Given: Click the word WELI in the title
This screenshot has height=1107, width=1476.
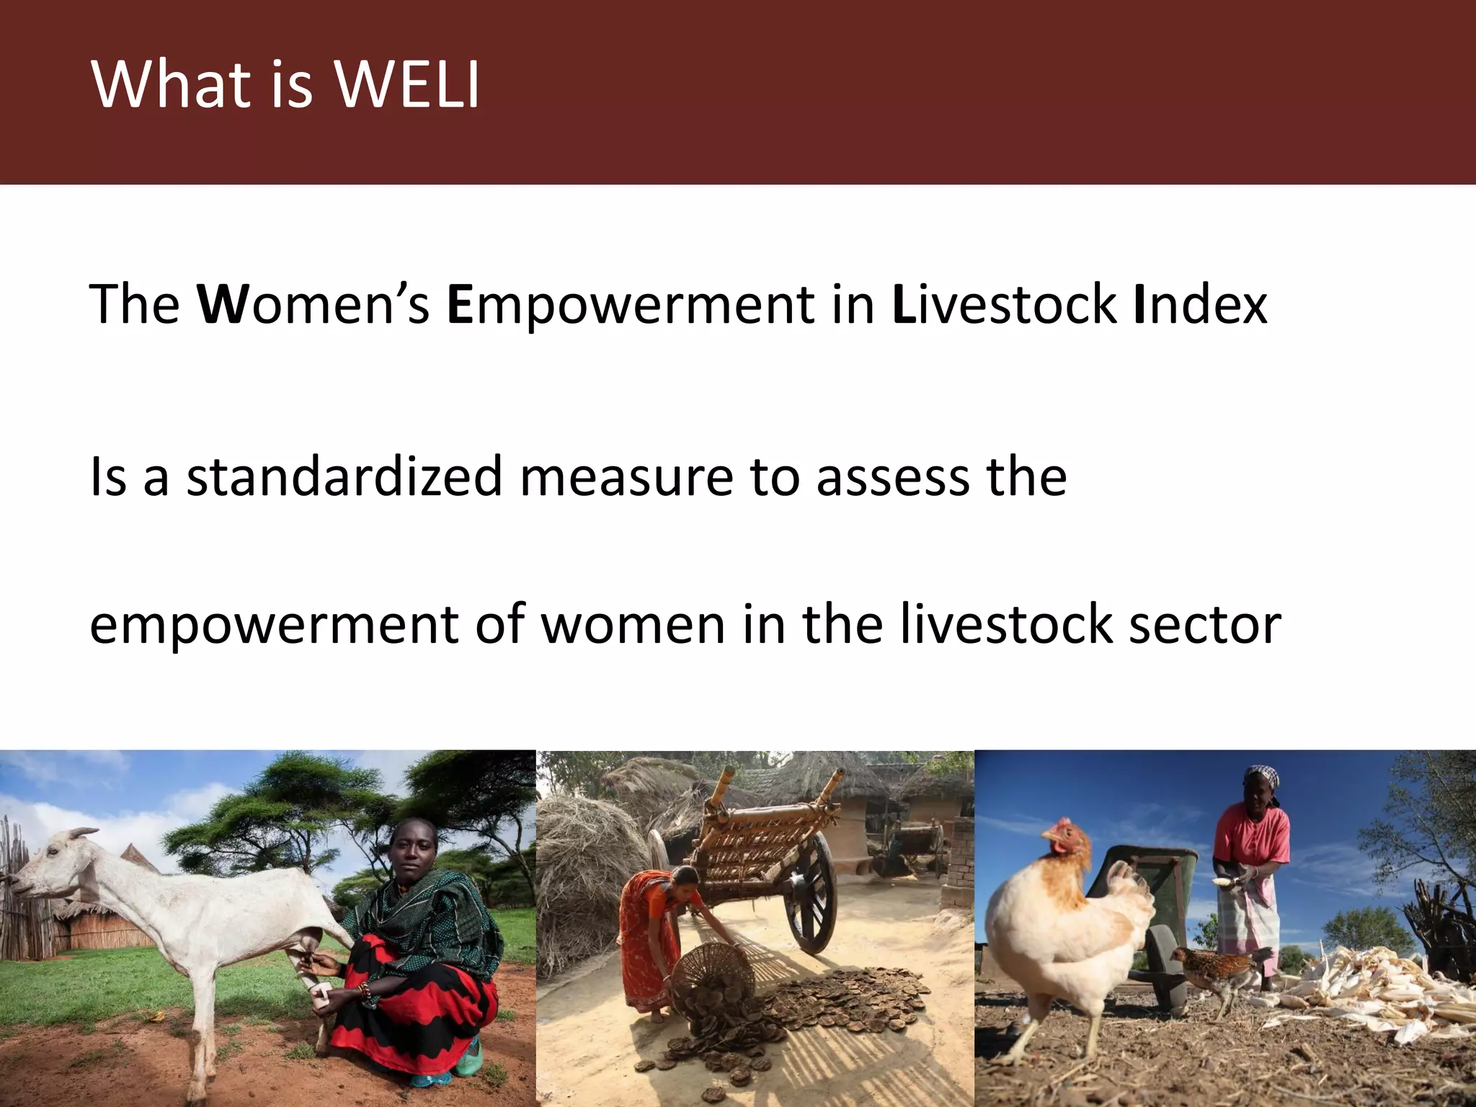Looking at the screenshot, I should [x=407, y=84].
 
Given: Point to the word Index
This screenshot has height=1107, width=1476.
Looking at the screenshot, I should [x=1199, y=305].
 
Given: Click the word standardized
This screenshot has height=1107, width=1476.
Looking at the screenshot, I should [x=344, y=477].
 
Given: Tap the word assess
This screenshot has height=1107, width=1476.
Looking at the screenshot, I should [x=893, y=477].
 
